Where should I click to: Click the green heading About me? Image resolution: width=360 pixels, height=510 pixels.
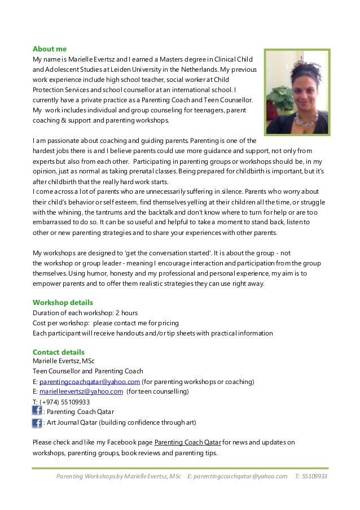coord(50,49)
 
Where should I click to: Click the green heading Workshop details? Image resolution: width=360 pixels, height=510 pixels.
coord(63,302)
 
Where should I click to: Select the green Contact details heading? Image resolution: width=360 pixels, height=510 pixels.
coord(59,352)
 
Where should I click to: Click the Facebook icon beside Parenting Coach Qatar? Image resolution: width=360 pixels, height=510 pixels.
coord(37,411)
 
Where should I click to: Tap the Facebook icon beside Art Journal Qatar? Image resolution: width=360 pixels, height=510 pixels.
coord(37,422)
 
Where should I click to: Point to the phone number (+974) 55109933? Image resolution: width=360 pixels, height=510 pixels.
coord(64,402)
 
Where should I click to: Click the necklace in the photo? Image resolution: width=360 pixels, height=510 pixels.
coord(304,119)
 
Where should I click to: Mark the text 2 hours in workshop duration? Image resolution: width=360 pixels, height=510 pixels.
coord(126,312)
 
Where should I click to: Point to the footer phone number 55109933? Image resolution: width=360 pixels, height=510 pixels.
coord(314,476)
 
